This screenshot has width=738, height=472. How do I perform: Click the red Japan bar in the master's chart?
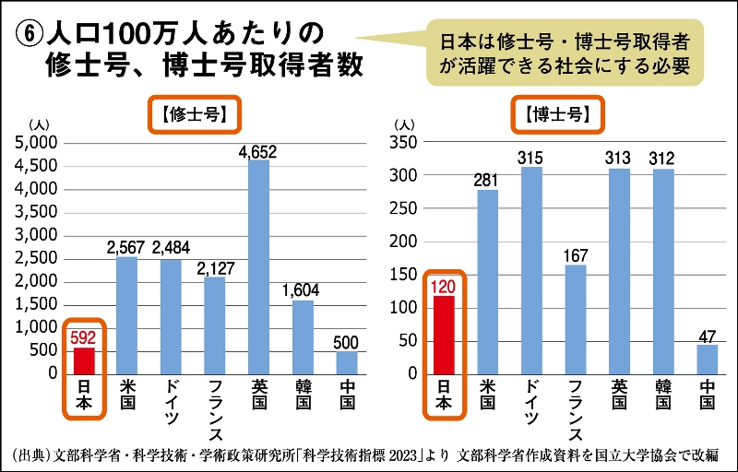click(x=84, y=360)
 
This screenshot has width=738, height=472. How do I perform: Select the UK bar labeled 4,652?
click(x=259, y=267)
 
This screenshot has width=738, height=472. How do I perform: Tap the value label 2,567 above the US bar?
click(x=126, y=247)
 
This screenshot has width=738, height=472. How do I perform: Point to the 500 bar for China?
click(x=346, y=363)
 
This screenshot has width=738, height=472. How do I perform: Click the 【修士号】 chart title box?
click(x=195, y=115)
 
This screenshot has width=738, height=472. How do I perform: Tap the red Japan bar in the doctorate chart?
click(x=444, y=335)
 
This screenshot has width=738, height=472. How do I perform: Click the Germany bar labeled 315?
click(x=532, y=271)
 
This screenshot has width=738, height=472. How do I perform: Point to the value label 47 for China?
click(x=708, y=336)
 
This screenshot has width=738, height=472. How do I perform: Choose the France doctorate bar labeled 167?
click(x=576, y=319)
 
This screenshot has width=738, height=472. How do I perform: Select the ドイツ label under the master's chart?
click(x=171, y=401)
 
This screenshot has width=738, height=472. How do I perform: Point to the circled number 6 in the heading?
click(x=29, y=34)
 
